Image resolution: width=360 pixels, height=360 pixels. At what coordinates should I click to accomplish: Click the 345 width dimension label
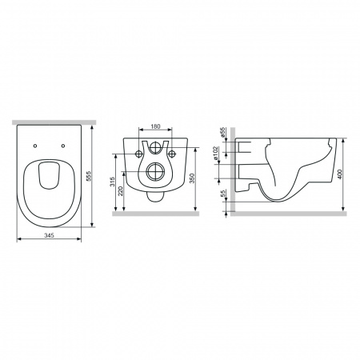pyautogui.click(x=49, y=235)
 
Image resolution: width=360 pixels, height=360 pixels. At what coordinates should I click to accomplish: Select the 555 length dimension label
pyautogui.click(x=89, y=176)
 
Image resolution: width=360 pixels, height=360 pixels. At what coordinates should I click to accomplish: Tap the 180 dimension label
pyautogui.click(x=155, y=126)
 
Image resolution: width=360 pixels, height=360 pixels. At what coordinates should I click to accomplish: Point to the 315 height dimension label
pyautogui.click(x=112, y=182)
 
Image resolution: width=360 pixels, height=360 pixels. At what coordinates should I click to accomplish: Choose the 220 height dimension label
pyautogui.click(x=120, y=191)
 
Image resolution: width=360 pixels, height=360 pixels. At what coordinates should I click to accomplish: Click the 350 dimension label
pyautogui.click(x=192, y=178)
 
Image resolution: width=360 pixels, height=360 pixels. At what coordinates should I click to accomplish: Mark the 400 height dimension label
pyautogui.click(x=339, y=174)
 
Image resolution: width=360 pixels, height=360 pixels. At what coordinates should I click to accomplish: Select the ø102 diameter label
pyautogui.click(x=216, y=153)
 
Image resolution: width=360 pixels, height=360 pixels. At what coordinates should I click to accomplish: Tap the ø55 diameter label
pyautogui.click(x=222, y=133)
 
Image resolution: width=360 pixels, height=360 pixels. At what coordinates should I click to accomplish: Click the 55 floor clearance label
pyautogui.click(x=223, y=193)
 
